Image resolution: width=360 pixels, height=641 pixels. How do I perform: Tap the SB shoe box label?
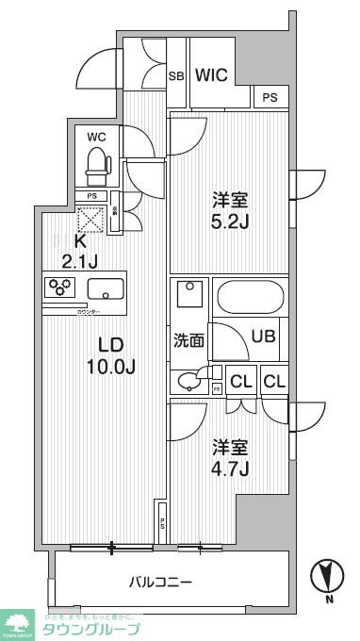176,76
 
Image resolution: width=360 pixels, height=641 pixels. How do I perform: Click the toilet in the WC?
96,167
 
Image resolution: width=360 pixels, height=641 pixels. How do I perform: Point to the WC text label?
96,137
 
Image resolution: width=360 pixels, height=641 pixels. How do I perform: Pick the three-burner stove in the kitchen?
62,287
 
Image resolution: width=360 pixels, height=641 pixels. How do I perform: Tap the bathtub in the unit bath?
248,300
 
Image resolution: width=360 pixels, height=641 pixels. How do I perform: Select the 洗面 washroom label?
188,341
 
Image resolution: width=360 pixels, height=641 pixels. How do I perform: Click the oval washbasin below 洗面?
189,380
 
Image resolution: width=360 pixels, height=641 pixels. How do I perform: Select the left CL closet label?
241,381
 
